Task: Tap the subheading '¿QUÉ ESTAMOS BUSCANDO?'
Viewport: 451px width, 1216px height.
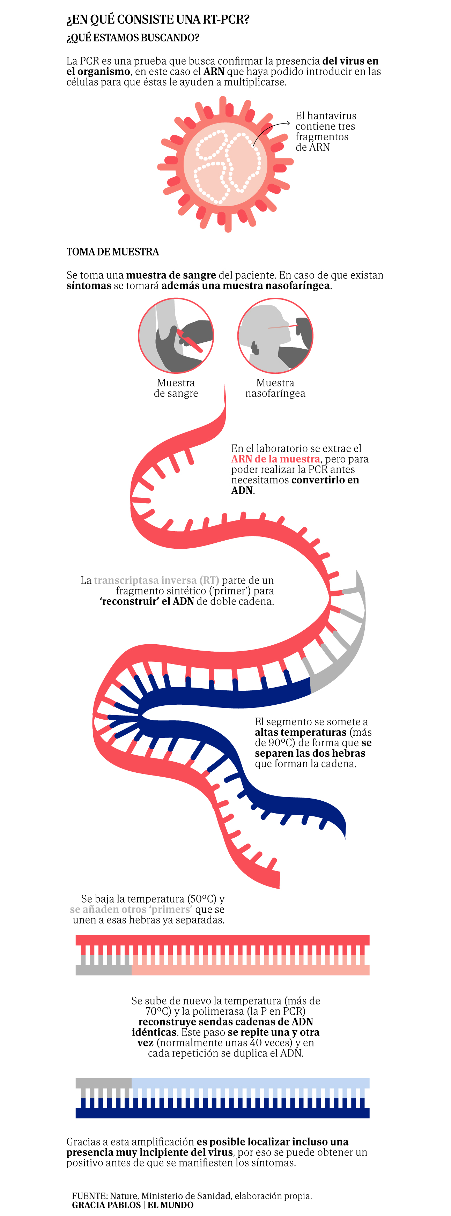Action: (x=133, y=38)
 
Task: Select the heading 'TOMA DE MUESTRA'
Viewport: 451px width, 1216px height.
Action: (x=112, y=252)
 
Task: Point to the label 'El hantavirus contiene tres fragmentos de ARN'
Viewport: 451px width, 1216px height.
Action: (x=326, y=131)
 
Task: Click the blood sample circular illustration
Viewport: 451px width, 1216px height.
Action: (x=176, y=336)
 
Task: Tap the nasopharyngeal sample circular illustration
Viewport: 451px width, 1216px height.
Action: (x=275, y=336)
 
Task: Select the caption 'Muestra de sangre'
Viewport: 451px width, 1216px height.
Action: (x=176, y=388)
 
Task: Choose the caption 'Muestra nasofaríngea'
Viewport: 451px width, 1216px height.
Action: (x=275, y=388)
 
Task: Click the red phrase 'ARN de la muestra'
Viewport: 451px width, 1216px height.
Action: (x=275, y=459)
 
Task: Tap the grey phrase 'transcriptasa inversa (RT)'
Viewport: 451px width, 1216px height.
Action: (x=156, y=580)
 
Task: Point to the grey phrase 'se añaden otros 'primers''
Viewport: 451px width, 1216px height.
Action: (x=131, y=909)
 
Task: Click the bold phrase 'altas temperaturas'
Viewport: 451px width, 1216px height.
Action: (x=300, y=732)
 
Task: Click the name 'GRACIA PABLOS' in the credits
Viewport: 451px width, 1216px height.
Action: (x=106, y=1205)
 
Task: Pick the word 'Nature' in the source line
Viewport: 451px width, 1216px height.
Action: (x=124, y=1196)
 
